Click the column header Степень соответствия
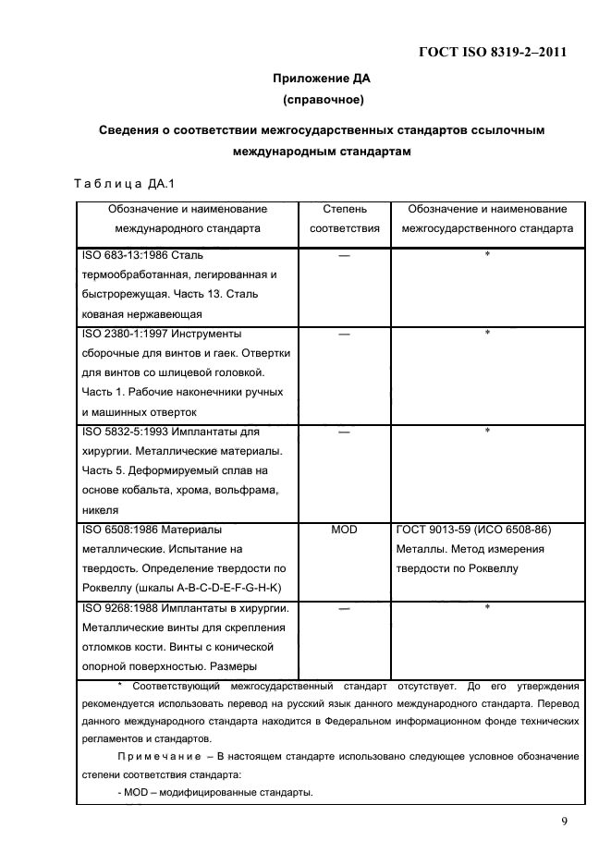pos(344,218)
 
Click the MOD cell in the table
pos(344,530)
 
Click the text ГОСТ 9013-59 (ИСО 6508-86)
pos(472,530)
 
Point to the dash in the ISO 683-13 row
pos(344,255)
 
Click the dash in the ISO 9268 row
pos(344,608)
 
